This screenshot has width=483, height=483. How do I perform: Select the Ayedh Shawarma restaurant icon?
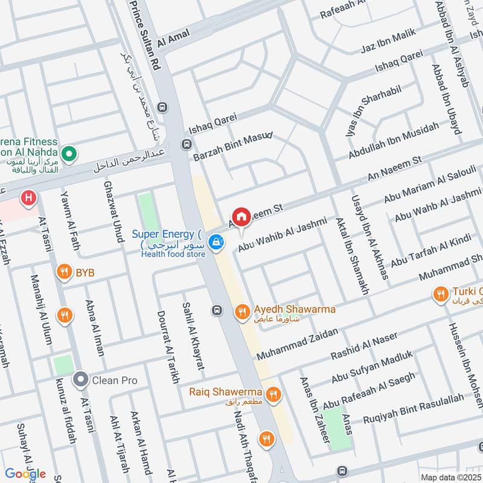pos(242,311)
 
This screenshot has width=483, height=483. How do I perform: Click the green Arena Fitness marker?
pos(69,154)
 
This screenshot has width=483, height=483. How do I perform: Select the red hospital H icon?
pos(27,197)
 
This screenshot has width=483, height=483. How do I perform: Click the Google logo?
pos(25,473)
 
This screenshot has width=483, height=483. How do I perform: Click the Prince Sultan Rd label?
pos(146,31)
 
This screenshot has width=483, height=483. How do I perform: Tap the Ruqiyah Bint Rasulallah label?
pos(413,406)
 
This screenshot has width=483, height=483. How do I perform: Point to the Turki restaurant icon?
pos(440,295)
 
